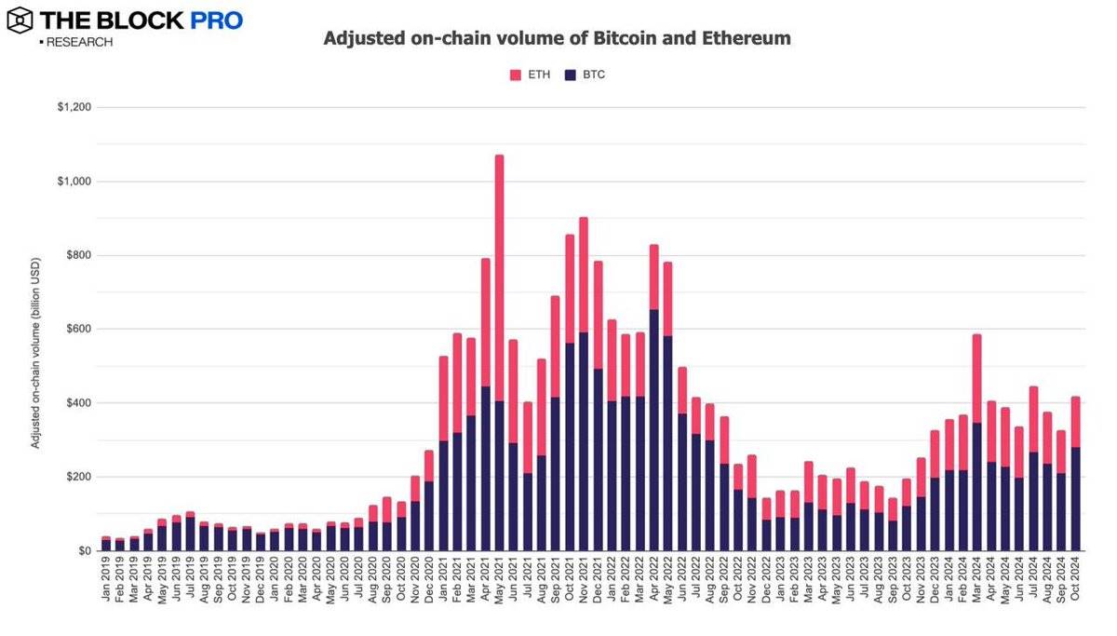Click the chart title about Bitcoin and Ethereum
[x=557, y=39]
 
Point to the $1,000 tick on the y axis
[x=74, y=182]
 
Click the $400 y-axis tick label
[x=79, y=403]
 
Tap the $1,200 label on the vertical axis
[x=74, y=108]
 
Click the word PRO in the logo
[x=217, y=20]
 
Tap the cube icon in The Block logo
[x=20, y=19]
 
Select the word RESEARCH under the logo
[x=78, y=43]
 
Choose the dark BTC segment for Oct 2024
[x=1075, y=499]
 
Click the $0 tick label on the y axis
[x=84, y=551]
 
